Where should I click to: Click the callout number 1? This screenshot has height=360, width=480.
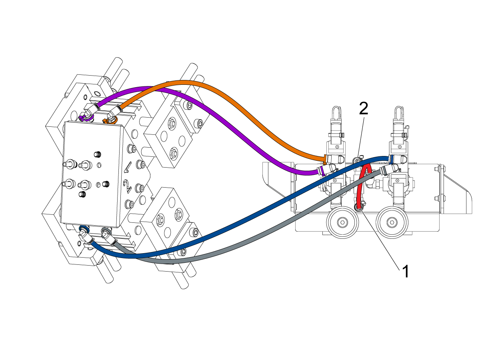coord(405,272)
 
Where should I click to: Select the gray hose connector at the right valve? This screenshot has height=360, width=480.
coord(385,171)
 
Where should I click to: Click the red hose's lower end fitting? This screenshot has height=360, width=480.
coord(359,207)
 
